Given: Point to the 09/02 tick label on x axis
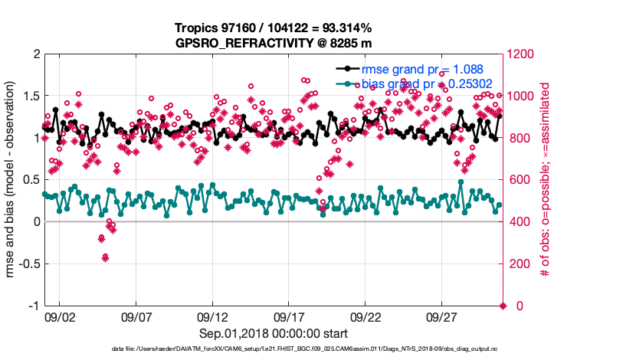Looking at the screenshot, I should [x=60, y=316].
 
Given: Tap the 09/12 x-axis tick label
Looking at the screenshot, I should [x=212, y=316].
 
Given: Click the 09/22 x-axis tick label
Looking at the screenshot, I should [x=366, y=316].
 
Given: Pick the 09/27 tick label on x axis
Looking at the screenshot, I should [x=442, y=316].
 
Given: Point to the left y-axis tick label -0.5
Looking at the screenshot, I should [x=27, y=263].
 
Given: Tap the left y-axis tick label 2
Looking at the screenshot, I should [x=35, y=54].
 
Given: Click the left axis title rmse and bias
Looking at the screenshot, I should [x=11, y=180].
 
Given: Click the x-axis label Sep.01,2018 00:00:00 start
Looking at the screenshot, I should [x=274, y=333].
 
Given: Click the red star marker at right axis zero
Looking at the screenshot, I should [x=503, y=306].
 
